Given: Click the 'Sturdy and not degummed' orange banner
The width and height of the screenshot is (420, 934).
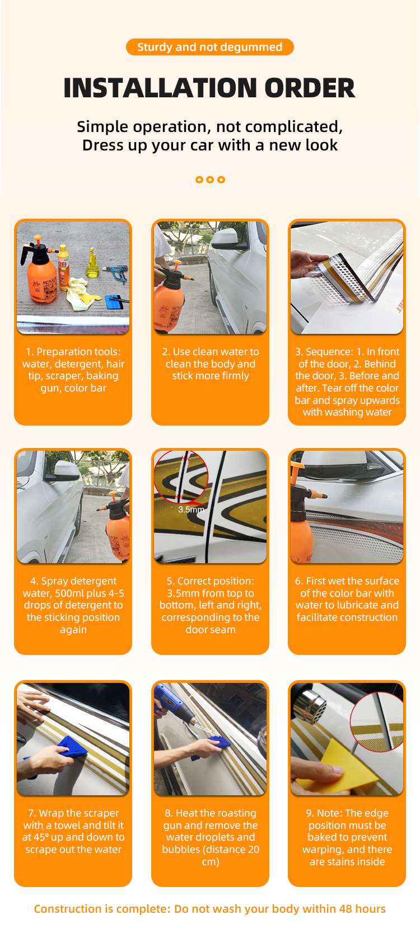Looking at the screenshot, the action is coord(209,47).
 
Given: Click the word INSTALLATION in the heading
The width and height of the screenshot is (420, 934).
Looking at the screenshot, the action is coord(160,88).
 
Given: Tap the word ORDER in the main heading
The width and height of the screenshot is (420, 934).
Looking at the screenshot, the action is coord(309,88).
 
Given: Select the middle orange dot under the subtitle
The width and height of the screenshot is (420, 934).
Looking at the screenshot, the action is coord(210,180).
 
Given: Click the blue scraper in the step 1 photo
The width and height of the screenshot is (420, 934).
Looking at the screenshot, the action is coord(115,301).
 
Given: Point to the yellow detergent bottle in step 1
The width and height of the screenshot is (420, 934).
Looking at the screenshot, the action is coord(63,267).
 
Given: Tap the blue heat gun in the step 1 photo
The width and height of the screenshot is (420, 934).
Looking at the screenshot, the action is coord(116,273).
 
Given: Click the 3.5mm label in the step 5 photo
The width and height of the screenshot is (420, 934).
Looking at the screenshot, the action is coord(191,509).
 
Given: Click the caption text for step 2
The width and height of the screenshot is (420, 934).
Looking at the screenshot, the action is coord(211,364).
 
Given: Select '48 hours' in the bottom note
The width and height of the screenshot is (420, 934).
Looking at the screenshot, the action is coord(362,909).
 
